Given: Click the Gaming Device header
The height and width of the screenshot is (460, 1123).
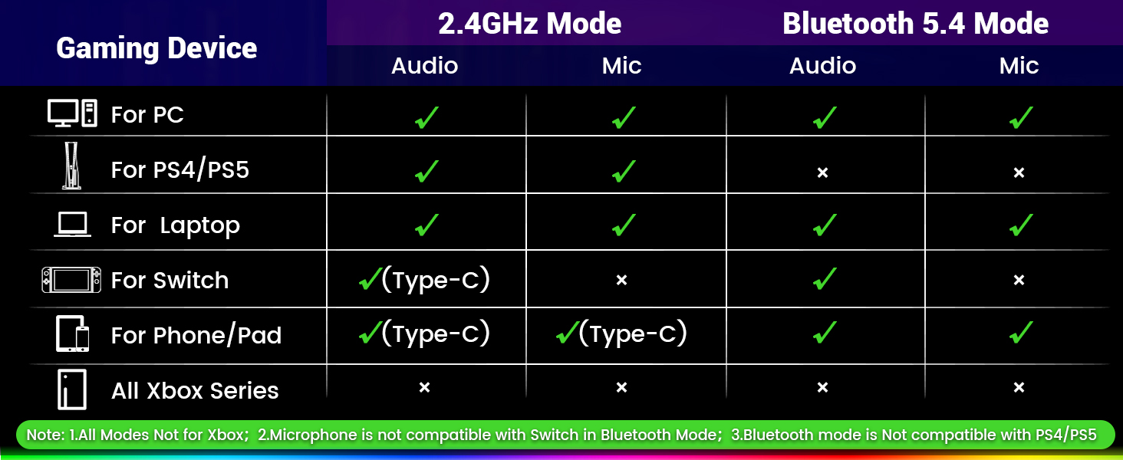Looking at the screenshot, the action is (x=156, y=48).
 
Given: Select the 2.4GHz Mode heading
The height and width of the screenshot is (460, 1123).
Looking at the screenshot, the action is (x=529, y=24).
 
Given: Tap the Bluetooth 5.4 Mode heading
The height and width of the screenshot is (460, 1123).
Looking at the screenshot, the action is (x=915, y=24).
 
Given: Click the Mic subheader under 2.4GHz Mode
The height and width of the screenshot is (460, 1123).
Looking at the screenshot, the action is (x=621, y=66).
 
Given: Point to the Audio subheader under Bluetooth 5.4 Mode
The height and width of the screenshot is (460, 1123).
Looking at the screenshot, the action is (x=823, y=66).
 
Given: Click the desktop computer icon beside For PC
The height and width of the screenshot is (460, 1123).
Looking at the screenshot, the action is (x=72, y=113).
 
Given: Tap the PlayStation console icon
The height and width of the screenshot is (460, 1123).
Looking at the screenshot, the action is (x=71, y=166).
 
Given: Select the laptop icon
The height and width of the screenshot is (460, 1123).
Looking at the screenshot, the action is (x=73, y=225).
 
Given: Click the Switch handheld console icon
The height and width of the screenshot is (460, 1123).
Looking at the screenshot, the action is (x=71, y=280).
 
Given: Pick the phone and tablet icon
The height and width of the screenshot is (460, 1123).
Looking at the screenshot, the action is (x=73, y=333).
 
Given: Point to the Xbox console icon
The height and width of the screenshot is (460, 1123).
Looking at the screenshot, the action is (x=72, y=389).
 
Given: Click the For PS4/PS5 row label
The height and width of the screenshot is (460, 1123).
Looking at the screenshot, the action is (x=180, y=170).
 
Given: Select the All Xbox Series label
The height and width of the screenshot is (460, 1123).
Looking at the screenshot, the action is (x=195, y=390).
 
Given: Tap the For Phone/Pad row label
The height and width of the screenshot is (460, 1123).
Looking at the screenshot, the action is (x=196, y=335).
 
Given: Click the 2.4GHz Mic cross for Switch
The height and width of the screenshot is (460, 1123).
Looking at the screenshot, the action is (x=621, y=280).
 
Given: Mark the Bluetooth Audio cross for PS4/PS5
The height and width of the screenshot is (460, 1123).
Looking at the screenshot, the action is (x=823, y=172).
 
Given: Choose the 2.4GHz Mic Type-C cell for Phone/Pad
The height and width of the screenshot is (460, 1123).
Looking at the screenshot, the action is (x=621, y=333).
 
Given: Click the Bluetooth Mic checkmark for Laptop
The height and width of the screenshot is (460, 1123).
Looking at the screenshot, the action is (x=1021, y=225).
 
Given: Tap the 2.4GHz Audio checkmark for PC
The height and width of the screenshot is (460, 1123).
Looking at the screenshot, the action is (x=426, y=118).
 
